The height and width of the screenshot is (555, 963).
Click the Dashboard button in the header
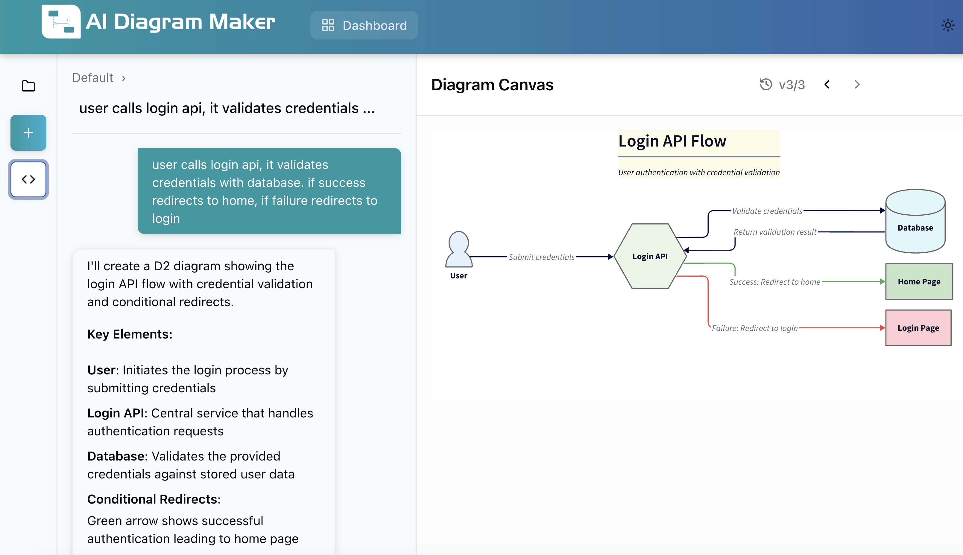[x=364, y=25]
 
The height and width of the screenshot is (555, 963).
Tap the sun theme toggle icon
[x=947, y=25]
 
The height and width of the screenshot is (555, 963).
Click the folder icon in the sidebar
[x=28, y=86]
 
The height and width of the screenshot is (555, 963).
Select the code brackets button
[x=28, y=179]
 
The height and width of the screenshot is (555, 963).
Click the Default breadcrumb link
[x=93, y=78]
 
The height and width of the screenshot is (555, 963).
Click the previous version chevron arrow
[x=827, y=84]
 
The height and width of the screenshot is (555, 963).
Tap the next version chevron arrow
[x=857, y=84]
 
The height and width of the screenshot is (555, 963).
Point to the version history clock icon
[x=765, y=84]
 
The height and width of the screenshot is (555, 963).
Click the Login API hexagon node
[x=650, y=256]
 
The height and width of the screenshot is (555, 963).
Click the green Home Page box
[x=919, y=281]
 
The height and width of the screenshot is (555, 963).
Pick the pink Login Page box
[x=918, y=328]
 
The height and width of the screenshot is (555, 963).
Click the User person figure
[x=458, y=250]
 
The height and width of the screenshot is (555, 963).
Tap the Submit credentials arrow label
[x=541, y=257]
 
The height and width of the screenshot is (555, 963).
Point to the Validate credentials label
[x=767, y=211]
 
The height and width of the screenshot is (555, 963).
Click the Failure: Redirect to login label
[x=754, y=328]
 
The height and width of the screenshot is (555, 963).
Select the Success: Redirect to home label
[x=774, y=282]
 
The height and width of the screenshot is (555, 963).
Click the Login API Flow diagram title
[x=672, y=141]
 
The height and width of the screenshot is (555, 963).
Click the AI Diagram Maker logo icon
[x=61, y=22]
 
